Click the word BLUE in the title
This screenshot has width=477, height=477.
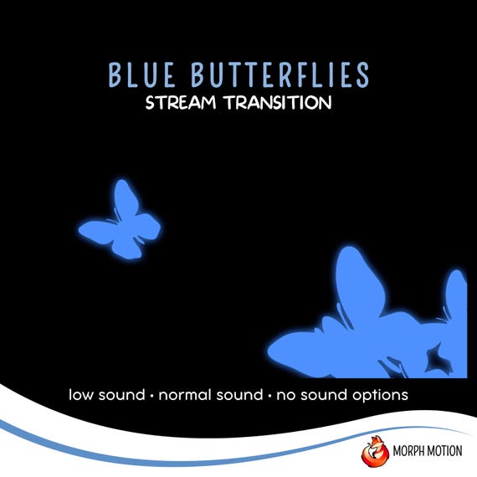[141, 74]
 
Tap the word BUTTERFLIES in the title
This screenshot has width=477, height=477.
[280, 74]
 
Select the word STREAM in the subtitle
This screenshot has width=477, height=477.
[181, 103]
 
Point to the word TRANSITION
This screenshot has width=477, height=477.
[279, 103]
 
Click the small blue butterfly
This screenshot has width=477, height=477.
[121, 222]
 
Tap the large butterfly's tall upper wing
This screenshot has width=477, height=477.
[359, 280]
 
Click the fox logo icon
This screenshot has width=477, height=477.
[375, 451]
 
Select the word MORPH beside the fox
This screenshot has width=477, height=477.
[408, 451]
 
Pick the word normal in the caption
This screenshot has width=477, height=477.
[185, 395]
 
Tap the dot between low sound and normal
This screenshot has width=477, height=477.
[151, 396]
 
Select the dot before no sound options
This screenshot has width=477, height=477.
[269, 396]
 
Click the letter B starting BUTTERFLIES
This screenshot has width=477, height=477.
[197, 74]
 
